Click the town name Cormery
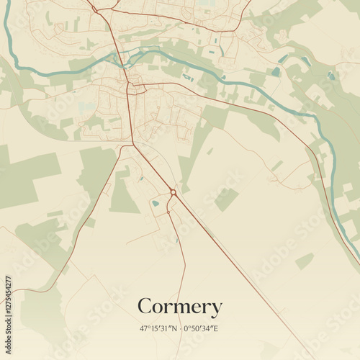point(179,307)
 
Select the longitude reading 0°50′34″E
point(202,329)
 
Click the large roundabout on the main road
point(174,192)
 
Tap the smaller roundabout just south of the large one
point(168,212)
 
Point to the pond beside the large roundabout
point(156,203)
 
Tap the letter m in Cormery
point(181,308)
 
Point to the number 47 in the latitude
point(144,329)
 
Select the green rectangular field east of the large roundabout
point(226,199)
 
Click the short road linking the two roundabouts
point(171,202)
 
